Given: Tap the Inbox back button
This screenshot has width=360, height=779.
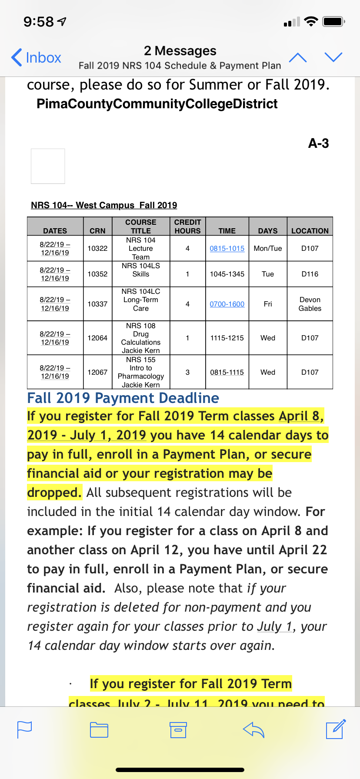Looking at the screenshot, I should tap(37, 57).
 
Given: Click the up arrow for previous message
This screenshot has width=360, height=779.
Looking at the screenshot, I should tap(298, 57).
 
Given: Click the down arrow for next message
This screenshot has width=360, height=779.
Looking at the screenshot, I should tap(333, 57).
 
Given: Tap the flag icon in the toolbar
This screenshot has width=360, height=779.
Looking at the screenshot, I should tap(24, 729).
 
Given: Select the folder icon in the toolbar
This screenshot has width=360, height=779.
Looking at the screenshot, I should tap(99, 729).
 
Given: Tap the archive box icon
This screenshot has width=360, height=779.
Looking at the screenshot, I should tap(178, 729).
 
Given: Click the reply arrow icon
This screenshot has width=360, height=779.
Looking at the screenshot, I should tap(254, 729).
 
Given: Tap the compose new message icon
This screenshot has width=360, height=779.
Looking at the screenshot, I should tap(336, 729).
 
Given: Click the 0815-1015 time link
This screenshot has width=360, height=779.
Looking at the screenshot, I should tap(227, 248).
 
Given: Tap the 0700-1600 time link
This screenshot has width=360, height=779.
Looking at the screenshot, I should tap(227, 304).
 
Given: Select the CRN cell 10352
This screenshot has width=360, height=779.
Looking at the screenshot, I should tap(97, 274).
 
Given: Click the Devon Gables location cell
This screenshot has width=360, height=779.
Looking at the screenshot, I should tap(310, 304).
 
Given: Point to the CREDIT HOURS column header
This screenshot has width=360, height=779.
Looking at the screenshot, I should tap(187, 226).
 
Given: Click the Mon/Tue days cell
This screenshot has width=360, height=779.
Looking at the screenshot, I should tap(268, 248).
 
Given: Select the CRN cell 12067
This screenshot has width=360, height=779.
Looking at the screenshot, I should tap(97, 372).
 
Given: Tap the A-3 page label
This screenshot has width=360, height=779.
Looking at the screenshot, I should tap(318, 143).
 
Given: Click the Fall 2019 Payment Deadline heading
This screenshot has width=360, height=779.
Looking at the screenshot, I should tap(123, 398).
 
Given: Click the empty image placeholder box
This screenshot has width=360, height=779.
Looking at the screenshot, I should tap(48, 166).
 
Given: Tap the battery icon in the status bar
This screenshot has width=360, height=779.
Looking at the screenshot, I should tap(333, 21).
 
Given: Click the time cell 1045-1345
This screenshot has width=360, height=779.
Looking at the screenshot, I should tap(227, 274).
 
